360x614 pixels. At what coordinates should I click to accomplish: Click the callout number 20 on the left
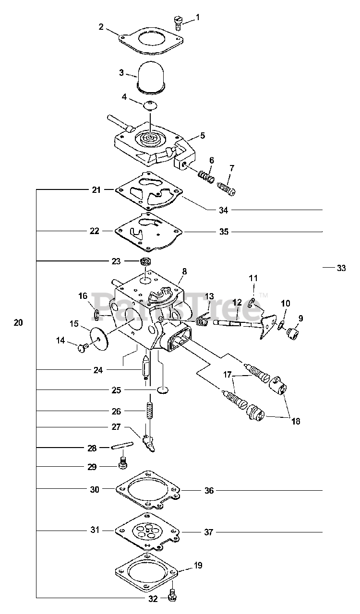[18, 323]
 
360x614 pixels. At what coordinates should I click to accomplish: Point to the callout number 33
[341, 268]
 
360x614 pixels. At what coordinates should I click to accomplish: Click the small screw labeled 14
[82, 348]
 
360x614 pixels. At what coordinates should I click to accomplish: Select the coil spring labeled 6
[206, 177]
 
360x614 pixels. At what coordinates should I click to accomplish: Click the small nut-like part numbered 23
[146, 262]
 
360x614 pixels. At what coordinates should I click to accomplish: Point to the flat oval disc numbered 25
[162, 390]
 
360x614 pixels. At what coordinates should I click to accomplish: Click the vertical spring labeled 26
[150, 411]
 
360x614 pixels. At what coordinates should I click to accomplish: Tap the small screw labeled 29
[123, 463]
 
